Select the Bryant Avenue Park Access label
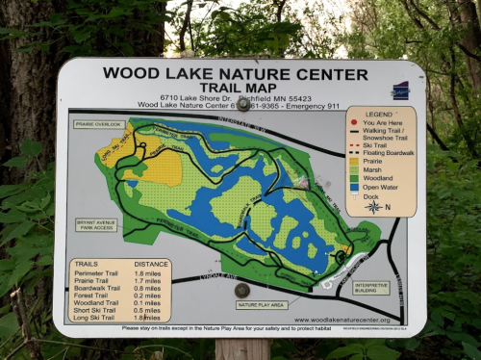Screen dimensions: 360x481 pos(96,225)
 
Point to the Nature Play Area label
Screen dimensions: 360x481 pos(261,304)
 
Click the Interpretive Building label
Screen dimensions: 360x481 pos(371,287)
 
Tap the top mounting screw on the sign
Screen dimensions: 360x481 pos(243,104)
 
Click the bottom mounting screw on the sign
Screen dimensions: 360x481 pos(241,290)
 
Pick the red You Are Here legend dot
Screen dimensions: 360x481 pos(354,123)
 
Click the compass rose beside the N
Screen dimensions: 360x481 pos(372,206)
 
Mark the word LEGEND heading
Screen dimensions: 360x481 pos(380,114)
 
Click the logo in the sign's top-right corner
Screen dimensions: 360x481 pos(400,90)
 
